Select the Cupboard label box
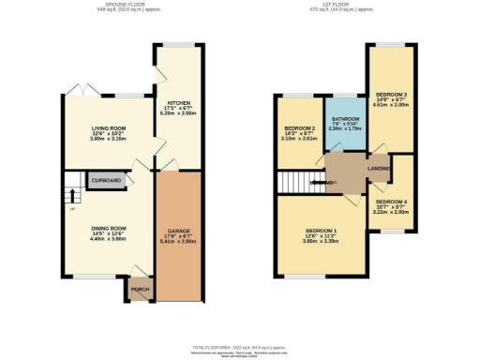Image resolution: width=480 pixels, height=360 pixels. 105,180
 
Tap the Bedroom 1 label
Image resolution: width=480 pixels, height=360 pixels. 321,230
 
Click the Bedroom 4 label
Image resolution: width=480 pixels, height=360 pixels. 391,202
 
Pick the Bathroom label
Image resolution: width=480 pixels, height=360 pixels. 344,119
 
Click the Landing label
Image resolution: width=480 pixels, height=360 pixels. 379,168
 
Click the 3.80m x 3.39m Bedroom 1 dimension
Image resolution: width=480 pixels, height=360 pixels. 321,241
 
